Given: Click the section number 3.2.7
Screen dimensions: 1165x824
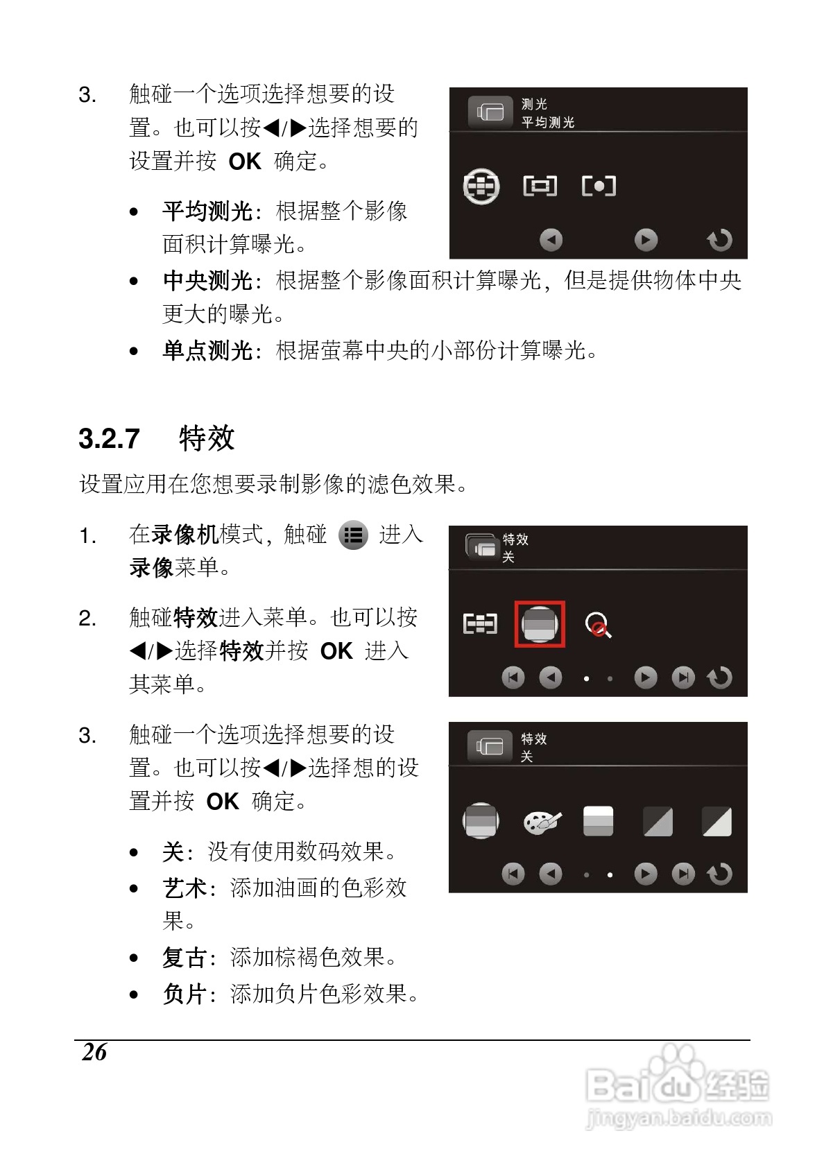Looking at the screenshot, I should [x=109, y=439].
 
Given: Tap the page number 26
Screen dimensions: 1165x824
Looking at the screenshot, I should [x=94, y=1052].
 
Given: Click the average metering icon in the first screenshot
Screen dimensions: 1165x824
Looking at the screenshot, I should [x=481, y=186].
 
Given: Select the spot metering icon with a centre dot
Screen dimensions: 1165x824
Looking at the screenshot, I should [x=599, y=186].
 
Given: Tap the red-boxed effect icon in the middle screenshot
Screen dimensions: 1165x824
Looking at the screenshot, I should [x=540, y=624].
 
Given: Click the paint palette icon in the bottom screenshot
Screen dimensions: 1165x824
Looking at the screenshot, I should [x=541, y=822].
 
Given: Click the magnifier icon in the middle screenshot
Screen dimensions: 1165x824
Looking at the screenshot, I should [x=598, y=625].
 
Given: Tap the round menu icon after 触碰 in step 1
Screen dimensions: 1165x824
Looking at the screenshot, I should [x=353, y=535].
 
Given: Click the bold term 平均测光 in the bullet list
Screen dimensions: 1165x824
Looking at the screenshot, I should [x=207, y=211].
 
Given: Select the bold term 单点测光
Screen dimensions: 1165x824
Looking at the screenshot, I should [x=207, y=350].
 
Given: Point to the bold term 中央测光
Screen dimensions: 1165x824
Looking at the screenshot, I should [x=207, y=281].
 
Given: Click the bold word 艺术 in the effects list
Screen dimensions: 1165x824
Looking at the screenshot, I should [x=184, y=888].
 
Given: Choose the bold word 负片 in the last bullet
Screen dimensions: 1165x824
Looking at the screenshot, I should [x=184, y=994].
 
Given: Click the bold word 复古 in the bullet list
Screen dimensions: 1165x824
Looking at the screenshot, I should [x=184, y=958].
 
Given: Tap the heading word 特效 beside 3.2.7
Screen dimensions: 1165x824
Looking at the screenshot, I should [x=207, y=439].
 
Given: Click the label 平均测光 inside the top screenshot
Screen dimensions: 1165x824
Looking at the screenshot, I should [x=548, y=123].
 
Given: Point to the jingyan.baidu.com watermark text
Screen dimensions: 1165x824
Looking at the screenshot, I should [x=678, y=1118].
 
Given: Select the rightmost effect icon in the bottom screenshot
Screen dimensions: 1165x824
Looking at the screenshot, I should [x=716, y=822].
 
